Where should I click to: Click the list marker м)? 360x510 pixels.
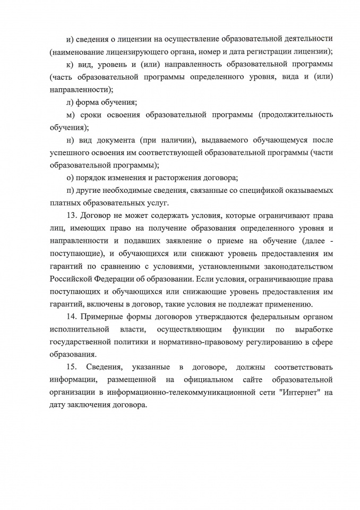coord(70,114)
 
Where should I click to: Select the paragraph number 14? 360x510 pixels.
coord(72,317)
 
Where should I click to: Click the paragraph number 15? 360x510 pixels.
coord(73,367)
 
